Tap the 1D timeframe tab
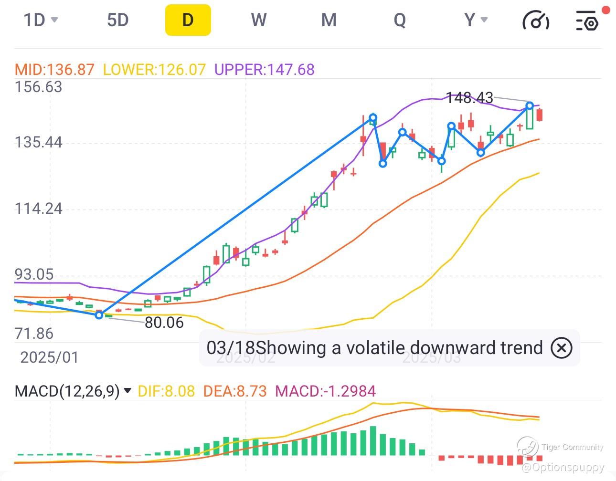[40, 20]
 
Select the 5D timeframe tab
[117, 20]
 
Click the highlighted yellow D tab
[188, 20]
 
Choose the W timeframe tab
[258, 20]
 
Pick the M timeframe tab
[329, 20]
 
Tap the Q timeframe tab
[399, 20]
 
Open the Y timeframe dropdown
[476, 20]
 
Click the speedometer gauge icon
[536, 20]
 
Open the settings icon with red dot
[587, 20]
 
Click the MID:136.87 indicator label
[54, 70]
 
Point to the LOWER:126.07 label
[154, 70]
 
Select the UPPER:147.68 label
[264, 70]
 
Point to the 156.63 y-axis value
[38, 87]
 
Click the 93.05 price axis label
[34, 274]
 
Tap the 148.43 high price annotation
[469, 98]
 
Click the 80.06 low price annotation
[164, 323]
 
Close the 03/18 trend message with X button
[561, 348]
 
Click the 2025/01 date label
[49, 357]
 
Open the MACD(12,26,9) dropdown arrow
[127, 391]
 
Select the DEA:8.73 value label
[234, 391]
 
